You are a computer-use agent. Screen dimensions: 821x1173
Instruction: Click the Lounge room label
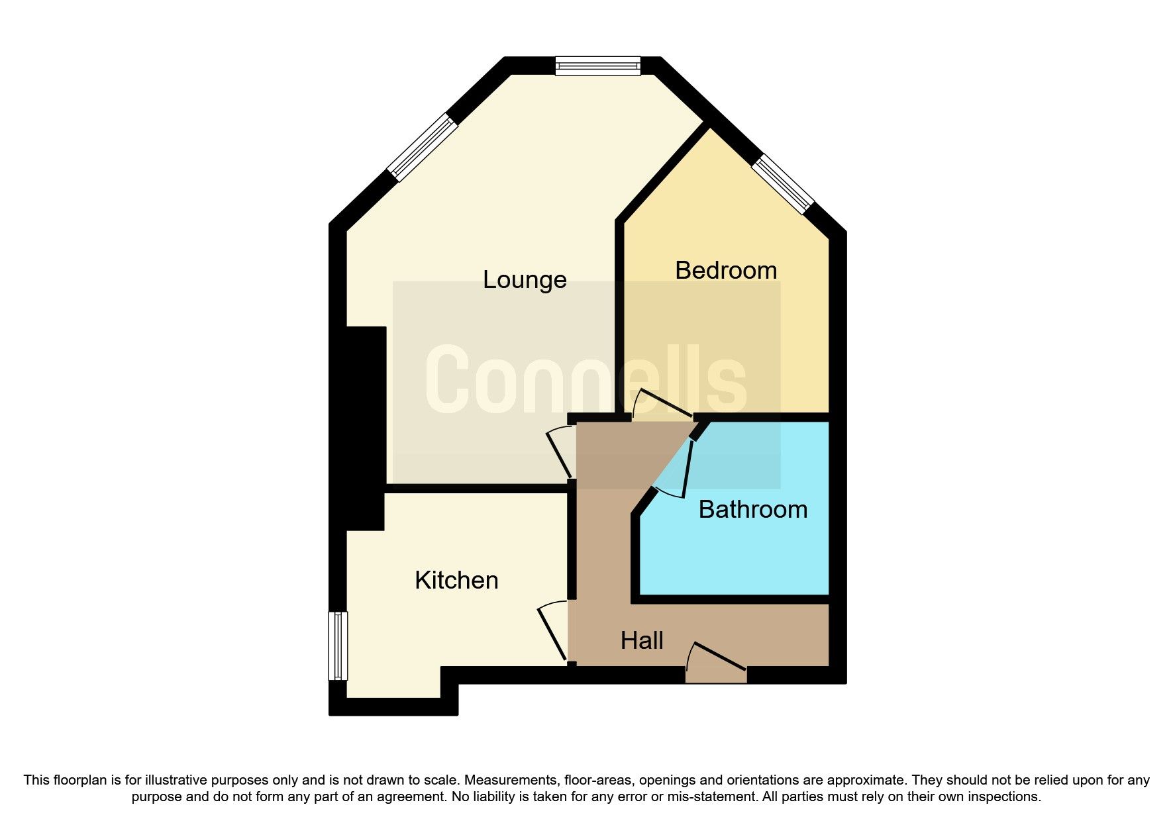(525, 280)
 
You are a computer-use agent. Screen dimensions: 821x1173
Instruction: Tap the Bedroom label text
(726, 271)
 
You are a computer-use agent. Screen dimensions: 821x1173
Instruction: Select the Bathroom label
(753, 510)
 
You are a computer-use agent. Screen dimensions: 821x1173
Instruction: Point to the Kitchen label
(456, 581)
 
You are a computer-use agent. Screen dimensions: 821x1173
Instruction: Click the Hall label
(642, 641)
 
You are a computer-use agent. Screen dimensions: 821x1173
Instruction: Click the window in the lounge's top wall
(597, 66)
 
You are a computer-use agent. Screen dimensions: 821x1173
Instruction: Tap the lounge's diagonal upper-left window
(423, 148)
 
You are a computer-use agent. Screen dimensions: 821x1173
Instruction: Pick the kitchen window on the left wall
(338, 646)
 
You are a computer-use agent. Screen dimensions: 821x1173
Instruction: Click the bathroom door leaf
(688, 469)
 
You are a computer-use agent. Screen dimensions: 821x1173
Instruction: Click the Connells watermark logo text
(586, 381)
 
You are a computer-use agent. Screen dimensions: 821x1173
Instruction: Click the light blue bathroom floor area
(735, 556)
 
